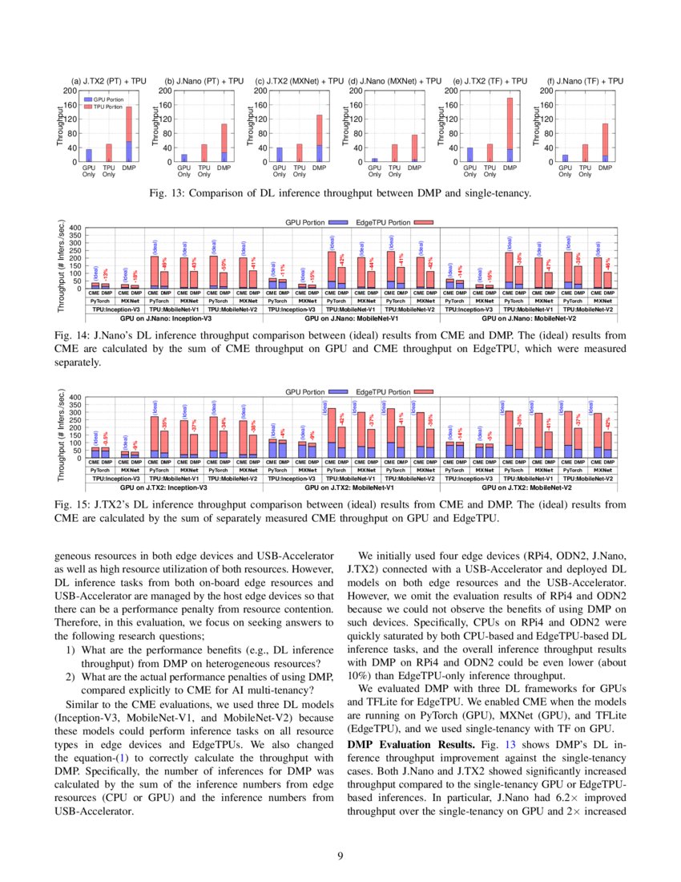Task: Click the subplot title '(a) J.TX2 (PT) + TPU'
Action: coord(109,81)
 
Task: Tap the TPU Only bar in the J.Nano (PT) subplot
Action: coord(203,153)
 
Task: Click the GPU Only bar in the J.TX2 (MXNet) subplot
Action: coord(279,155)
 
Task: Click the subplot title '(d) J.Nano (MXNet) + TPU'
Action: coord(395,81)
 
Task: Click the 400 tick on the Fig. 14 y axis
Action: coord(76,228)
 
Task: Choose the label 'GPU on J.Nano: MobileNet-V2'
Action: coord(527,318)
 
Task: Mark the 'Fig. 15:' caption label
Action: coord(74,506)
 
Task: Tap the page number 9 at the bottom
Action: coord(340,856)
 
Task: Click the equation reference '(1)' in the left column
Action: coord(123,758)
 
